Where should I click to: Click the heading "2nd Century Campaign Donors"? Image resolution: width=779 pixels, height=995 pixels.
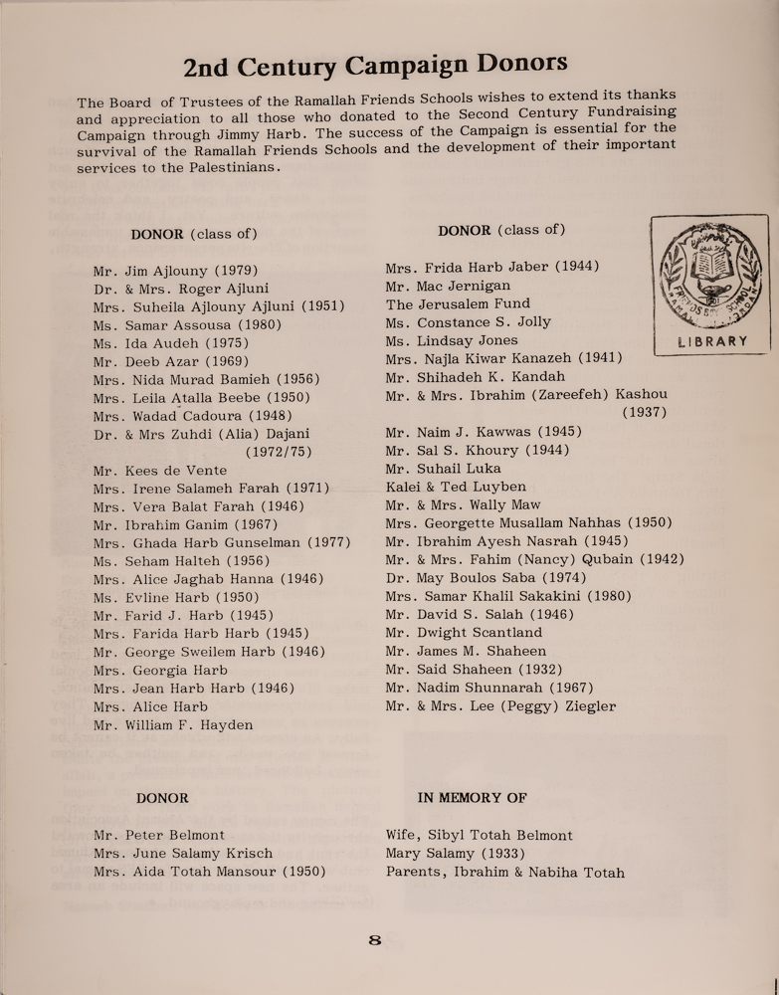[x=376, y=66]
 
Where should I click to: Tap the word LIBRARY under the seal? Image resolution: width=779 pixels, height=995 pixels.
[x=711, y=341]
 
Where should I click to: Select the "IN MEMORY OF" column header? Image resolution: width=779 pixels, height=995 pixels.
[x=472, y=798]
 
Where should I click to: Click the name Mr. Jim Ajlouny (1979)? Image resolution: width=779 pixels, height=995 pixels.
[x=176, y=270]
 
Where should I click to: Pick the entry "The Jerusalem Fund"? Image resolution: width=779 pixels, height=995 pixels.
[x=458, y=303]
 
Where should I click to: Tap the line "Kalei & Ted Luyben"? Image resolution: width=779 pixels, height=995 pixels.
[x=456, y=487]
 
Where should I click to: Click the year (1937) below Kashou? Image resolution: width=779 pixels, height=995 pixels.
[x=644, y=412]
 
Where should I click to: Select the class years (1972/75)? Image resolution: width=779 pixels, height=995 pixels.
[x=279, y=452]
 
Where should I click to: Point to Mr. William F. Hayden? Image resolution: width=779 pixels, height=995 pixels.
[x=173, y=724]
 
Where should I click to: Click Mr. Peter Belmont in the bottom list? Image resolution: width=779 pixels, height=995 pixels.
[x=159, y=835]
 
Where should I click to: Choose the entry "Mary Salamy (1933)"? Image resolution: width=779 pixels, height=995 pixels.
[x=455, y=854]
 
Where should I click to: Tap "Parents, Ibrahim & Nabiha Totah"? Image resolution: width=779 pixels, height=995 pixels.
[x=504, y=873]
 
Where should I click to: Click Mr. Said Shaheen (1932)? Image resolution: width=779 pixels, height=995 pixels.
[x=474, y=670]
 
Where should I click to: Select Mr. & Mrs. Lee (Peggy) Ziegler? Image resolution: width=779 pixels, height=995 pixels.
[x=500, y=706]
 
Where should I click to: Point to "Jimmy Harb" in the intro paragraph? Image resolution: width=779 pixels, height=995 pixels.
[x=244, y=134]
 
